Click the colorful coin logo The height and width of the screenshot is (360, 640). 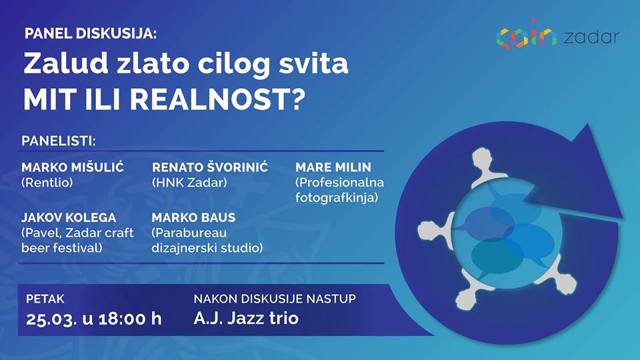(527, 34)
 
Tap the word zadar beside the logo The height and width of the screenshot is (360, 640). (591, 37)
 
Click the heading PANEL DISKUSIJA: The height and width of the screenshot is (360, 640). (91, 33)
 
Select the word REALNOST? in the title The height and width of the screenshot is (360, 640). (218, 99)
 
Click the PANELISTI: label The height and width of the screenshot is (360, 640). (59, 141)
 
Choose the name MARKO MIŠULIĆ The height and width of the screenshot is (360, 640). (73, 167)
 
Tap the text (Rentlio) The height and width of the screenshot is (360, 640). (47, 183)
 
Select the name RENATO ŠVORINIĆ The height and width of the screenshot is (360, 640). (210, 167)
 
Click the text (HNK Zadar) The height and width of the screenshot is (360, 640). (189, 183)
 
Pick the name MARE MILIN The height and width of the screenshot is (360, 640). (333, 167)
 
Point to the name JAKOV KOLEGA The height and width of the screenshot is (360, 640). (69, 217)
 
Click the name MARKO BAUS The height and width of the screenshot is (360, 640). (193, 217)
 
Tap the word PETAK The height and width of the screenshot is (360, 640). (45, 299)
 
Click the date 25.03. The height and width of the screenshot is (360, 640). (51, 319)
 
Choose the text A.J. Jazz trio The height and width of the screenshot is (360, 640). (246, 318)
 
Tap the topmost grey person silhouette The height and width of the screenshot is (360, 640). (484, 167)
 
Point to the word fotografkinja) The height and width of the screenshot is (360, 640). (337, 198)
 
